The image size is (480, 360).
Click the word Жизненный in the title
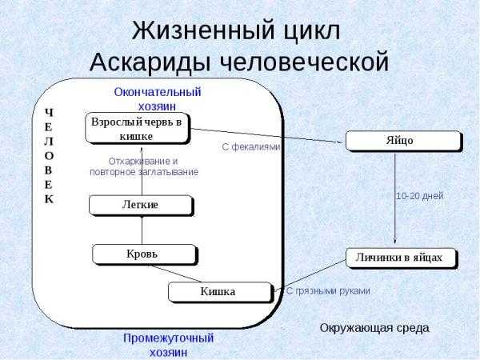click(x=202, y=30)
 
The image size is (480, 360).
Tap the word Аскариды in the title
click(x=150, y=62)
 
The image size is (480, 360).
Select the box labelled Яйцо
click(x=403, y=141)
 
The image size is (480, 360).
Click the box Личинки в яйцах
click(x=401, y=258)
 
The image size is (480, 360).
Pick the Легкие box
click(x=141, y=205)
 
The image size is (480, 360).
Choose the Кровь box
click(x=145, y=254)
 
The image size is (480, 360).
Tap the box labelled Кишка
click(x=220, y=292)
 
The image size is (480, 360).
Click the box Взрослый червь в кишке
click(x=137, y=128)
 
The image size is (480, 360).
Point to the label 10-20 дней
click(x=420, y=196)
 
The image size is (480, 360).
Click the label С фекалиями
click(x=251, y=147)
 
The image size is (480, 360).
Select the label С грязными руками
click(x=328, y=290)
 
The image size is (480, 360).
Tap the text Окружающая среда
click(x=374, y=328)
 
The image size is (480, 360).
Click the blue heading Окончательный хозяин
click(x=158, y=99)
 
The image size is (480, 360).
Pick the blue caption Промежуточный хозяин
click(x=168, y=345)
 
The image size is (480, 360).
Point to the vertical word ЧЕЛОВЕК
click(x=49, y=156)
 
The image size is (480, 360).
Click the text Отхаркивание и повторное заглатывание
click(x=144, y=166)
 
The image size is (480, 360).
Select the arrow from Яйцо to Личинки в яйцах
click(x=395, y=198)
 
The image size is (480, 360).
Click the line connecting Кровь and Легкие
click(x=142, y=230)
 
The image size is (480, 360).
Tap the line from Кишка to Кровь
click(x=175, y=274)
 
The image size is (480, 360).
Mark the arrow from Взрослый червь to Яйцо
click(x=266, y=136)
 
